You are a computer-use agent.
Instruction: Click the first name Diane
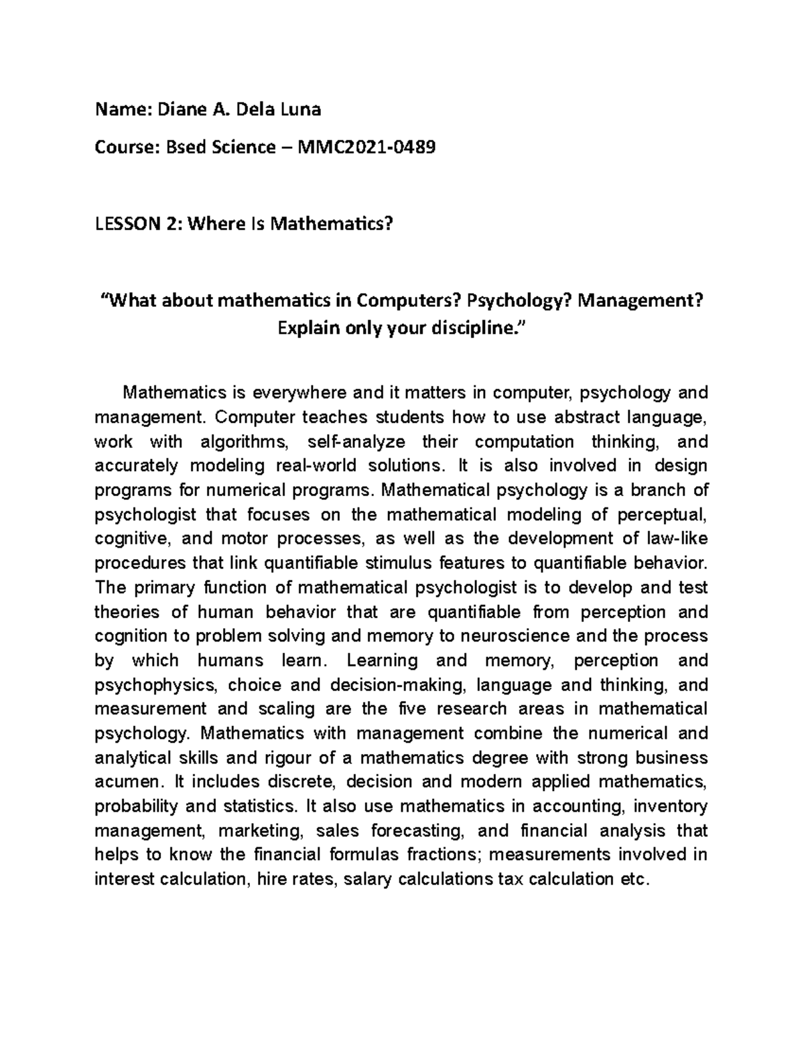181,109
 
